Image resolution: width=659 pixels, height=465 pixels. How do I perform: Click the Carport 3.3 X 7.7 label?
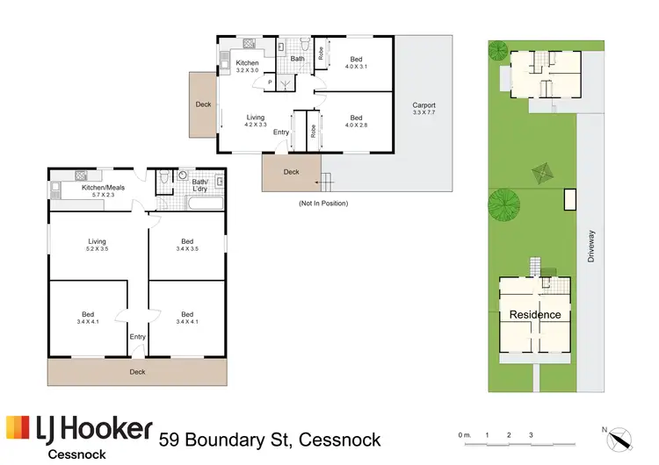424,111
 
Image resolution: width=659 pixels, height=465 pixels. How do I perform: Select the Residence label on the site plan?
535,314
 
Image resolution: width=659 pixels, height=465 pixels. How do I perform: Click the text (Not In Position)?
323,204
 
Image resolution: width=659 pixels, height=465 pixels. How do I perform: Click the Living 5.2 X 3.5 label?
97,246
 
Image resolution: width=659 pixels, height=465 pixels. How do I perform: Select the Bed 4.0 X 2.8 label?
356,122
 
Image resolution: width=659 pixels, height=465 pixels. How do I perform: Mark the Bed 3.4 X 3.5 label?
186,246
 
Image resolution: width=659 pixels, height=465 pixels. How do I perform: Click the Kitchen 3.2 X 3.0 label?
247,68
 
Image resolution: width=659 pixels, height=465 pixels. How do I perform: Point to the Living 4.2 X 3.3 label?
256,121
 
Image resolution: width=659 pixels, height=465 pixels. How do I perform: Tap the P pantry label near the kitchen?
269,82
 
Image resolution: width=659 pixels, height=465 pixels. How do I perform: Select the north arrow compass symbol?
618,436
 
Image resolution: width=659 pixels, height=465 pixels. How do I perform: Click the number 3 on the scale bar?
531,434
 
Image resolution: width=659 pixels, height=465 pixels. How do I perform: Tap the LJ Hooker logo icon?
18,429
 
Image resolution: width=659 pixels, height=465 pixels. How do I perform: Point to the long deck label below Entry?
137,372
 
